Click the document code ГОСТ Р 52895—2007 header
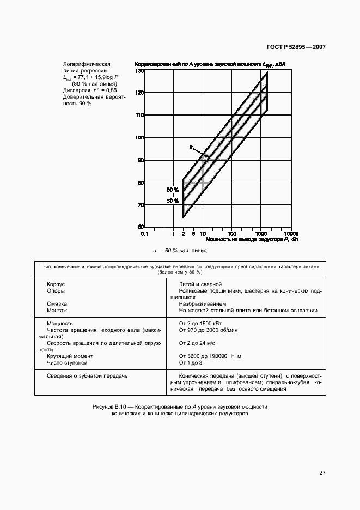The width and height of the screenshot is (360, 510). (296, 47)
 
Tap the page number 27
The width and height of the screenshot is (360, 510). (322, 472)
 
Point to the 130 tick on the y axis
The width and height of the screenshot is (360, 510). (139, 71)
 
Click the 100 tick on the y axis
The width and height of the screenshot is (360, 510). (139, 138)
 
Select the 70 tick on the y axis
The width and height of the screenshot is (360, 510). (140, 205)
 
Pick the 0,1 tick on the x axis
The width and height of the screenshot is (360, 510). (144, 233)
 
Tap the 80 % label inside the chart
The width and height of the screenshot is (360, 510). (173, 190)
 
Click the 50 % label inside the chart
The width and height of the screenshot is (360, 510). (173, 201)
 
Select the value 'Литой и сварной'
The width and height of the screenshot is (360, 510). (200, 284)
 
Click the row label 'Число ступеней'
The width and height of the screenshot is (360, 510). (67, 362)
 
